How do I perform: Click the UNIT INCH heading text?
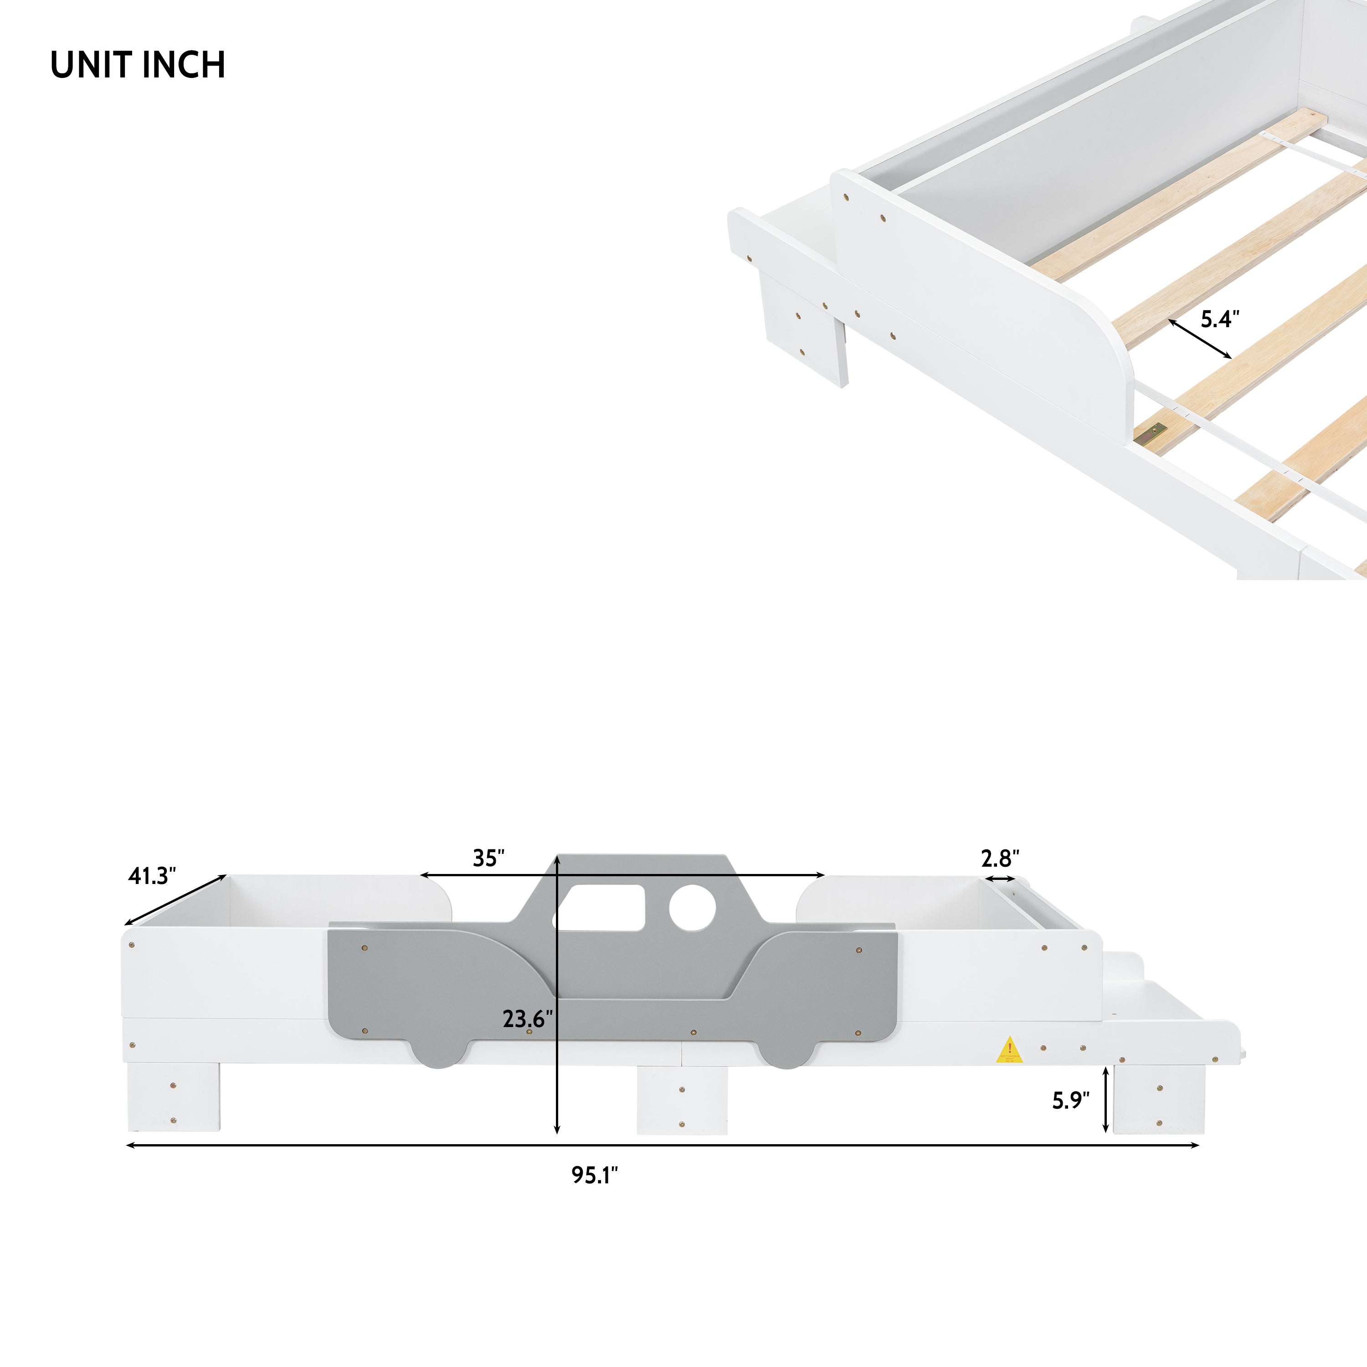138,65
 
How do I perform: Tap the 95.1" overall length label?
594,1175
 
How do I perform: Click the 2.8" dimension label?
1000,858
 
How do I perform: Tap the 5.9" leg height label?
1070,1100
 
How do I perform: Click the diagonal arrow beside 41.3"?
175,900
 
